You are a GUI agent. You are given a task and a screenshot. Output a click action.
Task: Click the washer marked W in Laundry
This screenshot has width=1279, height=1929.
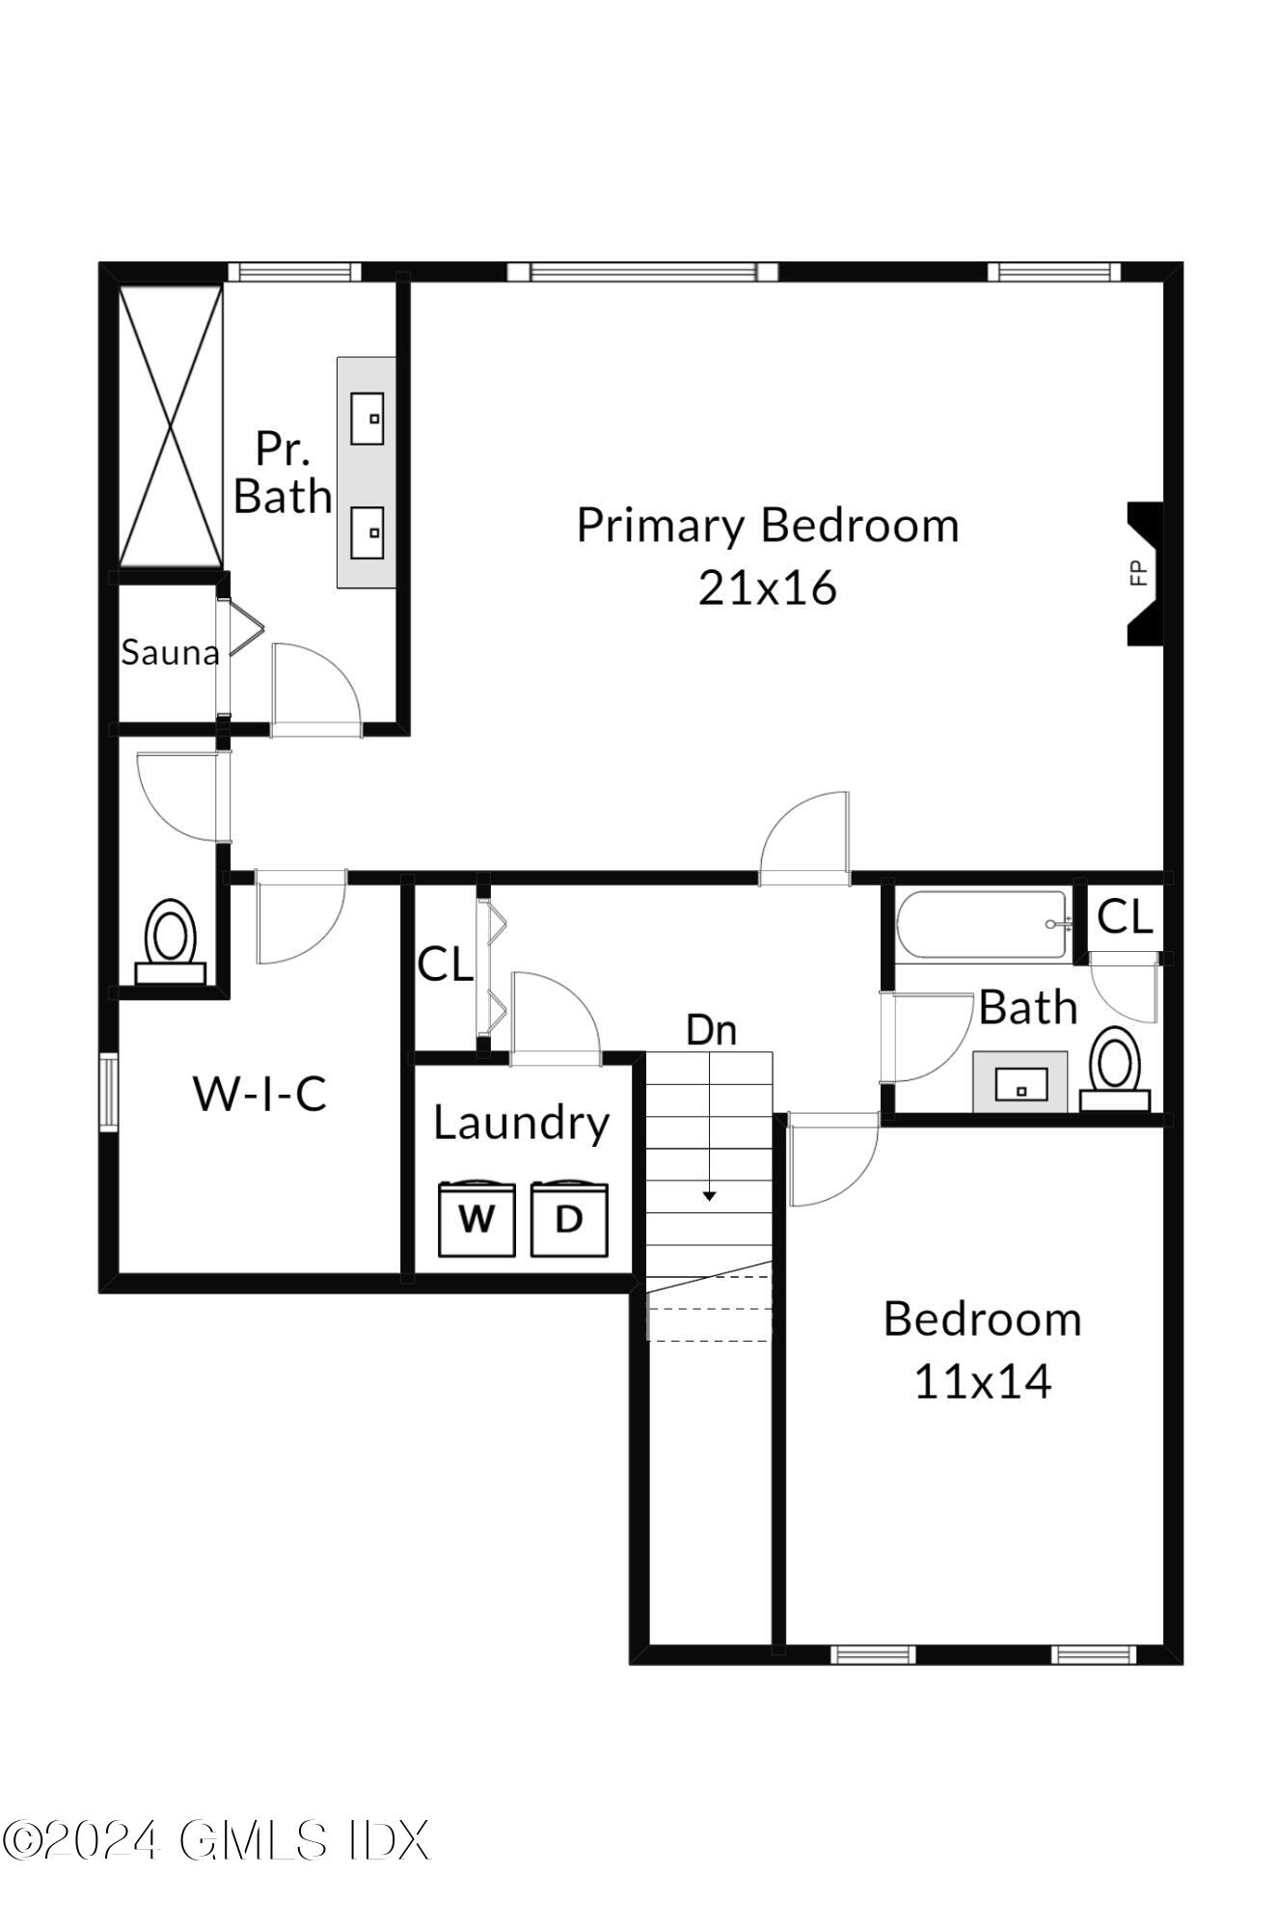(476, 1220)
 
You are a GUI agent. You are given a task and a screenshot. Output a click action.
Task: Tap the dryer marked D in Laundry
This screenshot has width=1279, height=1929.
(569, 1220)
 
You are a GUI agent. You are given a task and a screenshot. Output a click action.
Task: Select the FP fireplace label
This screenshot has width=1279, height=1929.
(1138, 573)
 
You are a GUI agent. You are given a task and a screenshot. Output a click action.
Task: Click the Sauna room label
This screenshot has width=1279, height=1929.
(170, 653)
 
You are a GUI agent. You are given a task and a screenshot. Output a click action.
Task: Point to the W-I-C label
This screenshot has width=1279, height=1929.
(260, 1094)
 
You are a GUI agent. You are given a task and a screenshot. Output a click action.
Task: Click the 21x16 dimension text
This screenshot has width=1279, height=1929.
(767, 587)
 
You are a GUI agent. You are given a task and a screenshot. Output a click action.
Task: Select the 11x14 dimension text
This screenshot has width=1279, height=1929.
(982, 1381)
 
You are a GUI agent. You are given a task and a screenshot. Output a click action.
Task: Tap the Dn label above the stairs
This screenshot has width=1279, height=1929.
(711, 1030)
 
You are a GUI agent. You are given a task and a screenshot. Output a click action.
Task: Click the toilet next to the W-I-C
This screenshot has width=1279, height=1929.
(171, 940)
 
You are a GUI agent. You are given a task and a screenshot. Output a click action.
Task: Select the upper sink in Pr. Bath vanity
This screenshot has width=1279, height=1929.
(367, 419)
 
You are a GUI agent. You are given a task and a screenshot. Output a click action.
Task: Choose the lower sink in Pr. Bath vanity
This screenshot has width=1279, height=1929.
(367, 532)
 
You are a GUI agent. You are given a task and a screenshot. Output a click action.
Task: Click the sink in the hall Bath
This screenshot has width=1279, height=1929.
(1020, 1083)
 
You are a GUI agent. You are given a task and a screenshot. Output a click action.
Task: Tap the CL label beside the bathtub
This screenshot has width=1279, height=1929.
(1125, 916)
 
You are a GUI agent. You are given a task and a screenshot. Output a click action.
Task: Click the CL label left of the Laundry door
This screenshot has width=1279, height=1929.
(445, 964)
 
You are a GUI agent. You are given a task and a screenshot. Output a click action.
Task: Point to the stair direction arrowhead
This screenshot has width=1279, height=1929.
(709, 1196)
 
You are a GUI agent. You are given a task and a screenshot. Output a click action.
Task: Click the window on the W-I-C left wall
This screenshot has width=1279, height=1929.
(108, 1092)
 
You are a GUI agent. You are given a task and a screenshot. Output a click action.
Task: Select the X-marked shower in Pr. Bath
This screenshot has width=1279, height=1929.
(171, 426)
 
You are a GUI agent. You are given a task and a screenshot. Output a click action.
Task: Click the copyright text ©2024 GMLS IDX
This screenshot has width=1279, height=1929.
(215, 1840)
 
